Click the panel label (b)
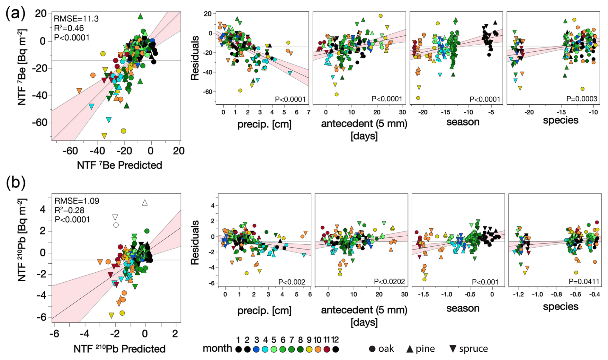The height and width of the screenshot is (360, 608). coord(15,183)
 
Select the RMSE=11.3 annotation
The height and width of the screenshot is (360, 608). coord(72,19)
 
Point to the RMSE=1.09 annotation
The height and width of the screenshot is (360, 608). coord(77,201)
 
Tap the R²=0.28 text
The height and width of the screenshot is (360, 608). coord(69,210)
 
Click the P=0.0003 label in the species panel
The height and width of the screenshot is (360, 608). coord(582,99)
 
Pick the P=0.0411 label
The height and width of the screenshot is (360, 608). coord(584,282)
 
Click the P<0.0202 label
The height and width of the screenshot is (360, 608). coord(389,282)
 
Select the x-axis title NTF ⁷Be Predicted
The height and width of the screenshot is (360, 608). coord(119,165)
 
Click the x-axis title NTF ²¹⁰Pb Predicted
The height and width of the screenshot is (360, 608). coord(119,349)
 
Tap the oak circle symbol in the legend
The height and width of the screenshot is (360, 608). coord(372,349)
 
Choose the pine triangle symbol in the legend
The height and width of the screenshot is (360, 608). coord(410,349)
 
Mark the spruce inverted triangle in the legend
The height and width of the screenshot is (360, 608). coord(453,349)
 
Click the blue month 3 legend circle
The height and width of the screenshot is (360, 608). coord(256,349)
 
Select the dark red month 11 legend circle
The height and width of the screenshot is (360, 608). coord(327,349)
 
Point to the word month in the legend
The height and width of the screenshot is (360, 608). coord(217,348)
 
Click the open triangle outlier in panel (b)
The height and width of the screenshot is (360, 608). coord(145,203)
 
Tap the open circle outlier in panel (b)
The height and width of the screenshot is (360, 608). coord(116,225)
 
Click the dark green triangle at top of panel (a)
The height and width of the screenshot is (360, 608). coord(140,16)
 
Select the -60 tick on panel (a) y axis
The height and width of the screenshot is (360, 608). coord(39,123)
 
